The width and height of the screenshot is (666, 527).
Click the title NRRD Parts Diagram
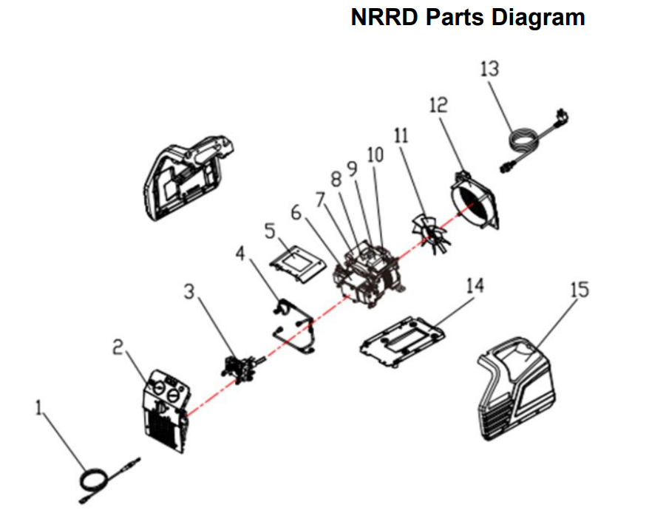pyautogui.click(x=467, y=18)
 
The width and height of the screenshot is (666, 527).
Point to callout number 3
pyautogui.click(x=190, y=293)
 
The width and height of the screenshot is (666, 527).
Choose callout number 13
pyautogui.click(x=489, y=69)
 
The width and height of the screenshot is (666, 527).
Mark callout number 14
pyautogui.click(x=475, y=285)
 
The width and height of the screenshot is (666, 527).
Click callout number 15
pyautogui.click(x=580, y=289)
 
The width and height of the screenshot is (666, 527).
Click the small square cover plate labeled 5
pyautogui.click(x=296, y=262)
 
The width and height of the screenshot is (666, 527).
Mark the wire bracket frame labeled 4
pyautogui.click(x=294, y=325)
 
